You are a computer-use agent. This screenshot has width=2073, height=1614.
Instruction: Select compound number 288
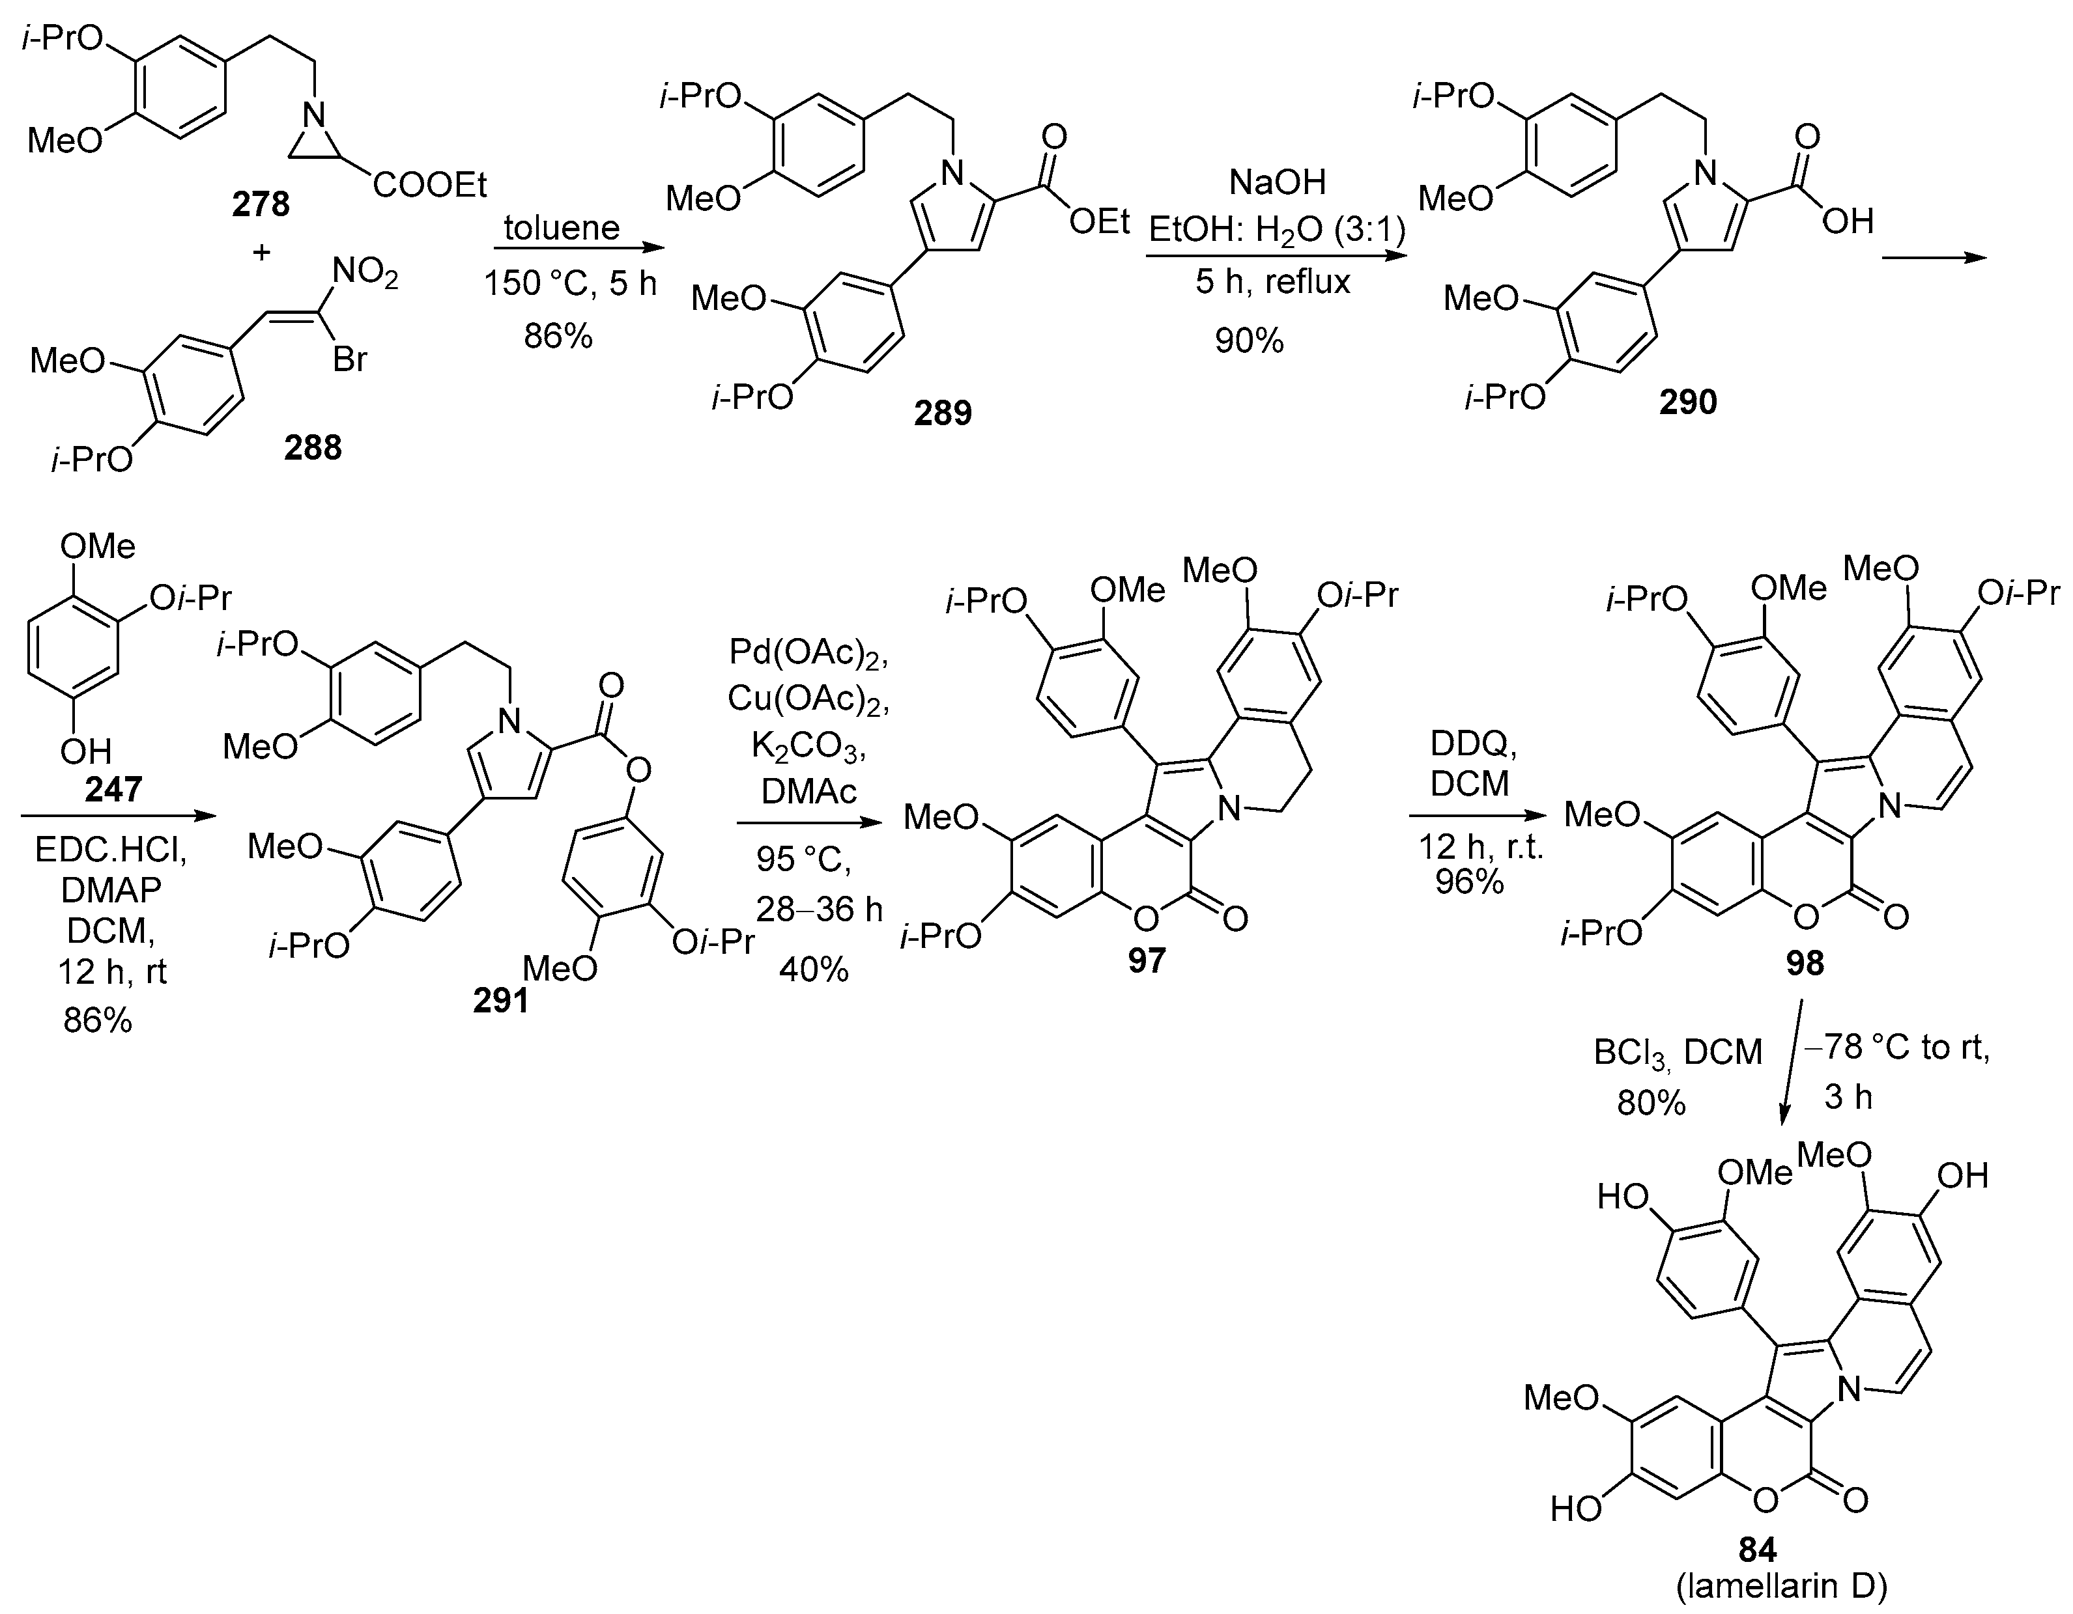click(312, 447)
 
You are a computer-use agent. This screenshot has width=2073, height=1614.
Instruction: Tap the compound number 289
click(943, 413)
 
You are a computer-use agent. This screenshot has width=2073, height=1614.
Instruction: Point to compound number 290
click(1687, 402)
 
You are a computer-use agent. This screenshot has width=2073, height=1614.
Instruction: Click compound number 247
click(113, 788)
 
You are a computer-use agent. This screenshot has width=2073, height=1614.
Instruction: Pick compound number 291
click(500, 1000)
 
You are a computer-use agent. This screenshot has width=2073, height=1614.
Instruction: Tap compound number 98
click(1805, 964)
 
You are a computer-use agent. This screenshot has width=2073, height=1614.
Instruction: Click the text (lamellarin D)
click(1782, 1587)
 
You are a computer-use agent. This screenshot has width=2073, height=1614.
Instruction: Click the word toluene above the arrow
click(561, 228)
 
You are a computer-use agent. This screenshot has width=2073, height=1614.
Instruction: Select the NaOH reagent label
click(1277, 181)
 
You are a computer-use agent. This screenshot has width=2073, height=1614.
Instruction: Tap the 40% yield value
click(814, 969)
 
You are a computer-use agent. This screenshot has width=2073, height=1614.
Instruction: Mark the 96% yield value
click(1468, 882)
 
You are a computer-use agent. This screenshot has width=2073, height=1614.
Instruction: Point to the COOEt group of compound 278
click(429, 184)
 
